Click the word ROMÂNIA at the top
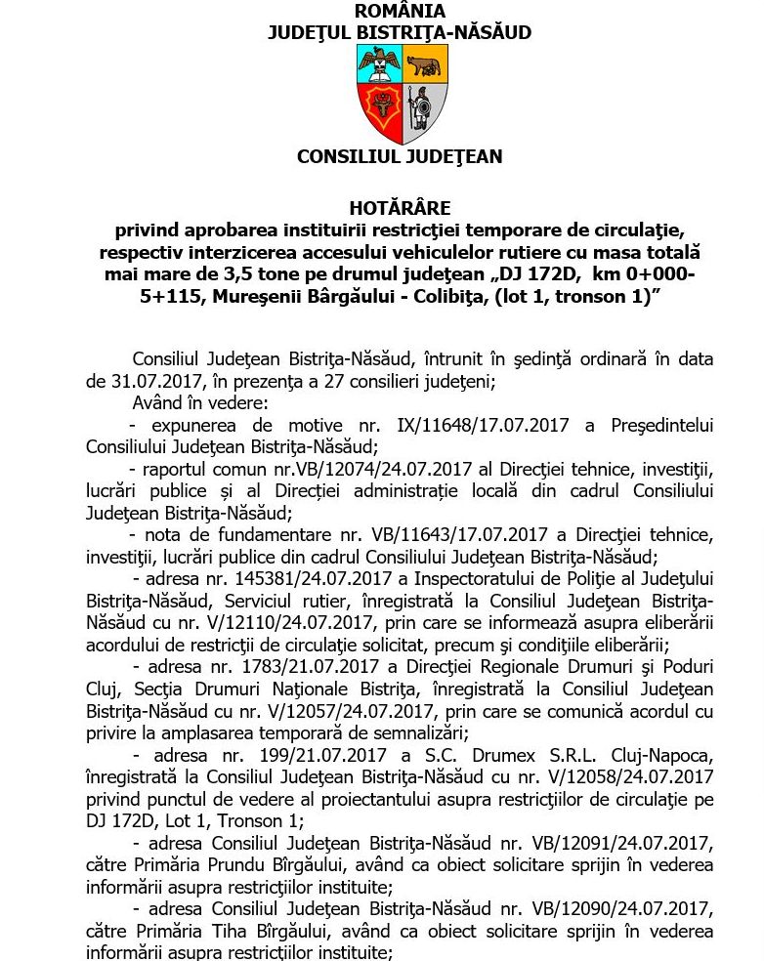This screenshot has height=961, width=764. (x=400, y=12)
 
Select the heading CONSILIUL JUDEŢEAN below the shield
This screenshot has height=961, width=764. (x=400, y=156)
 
